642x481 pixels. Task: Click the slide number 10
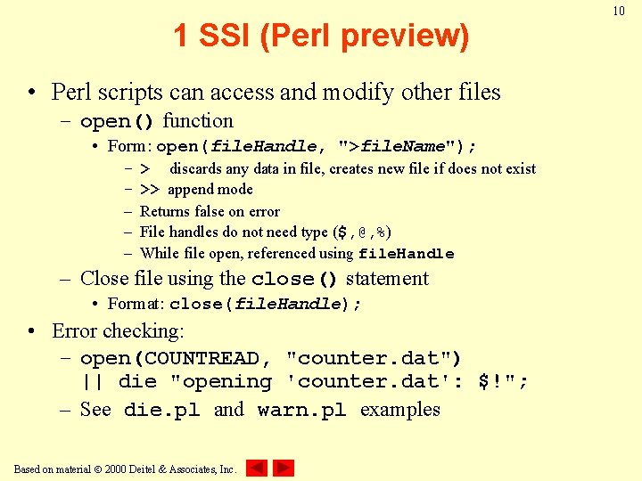[x=619, y=11]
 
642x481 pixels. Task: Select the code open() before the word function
[x=118, y=121]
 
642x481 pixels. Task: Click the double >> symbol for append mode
[x=150, y=190]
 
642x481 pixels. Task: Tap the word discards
[x=195, y=168]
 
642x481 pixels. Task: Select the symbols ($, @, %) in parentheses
[x=362, y=232]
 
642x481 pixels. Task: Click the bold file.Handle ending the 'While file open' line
[x=406, y=254]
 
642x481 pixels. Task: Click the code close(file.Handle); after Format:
[x=266, y=304]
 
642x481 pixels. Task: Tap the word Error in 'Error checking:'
[x=76, y=331]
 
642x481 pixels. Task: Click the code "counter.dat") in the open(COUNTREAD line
[x=374, y=358]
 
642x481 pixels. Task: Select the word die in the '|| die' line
[x=137, y=382]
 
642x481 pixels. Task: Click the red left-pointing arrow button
[x=257, y=468]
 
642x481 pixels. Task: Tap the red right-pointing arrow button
[x=284, y=468]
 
